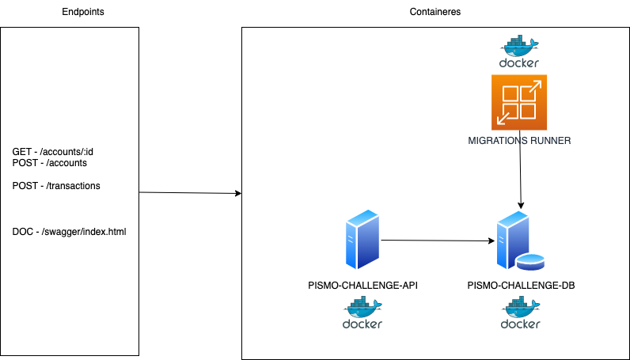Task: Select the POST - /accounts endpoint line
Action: click(49, 162)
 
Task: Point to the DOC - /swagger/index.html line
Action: click(70, 232)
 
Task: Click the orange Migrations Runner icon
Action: click(519, 102)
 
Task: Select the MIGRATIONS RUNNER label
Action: click(519, 141)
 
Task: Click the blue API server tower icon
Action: click(362, 241)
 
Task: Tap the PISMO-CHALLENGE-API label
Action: click(362, 284)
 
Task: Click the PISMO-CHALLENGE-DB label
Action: click(520, 284)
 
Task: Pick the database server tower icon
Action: click(510, 240)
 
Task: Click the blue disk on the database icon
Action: click(530, 262)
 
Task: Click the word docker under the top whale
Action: click(519, 63)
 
